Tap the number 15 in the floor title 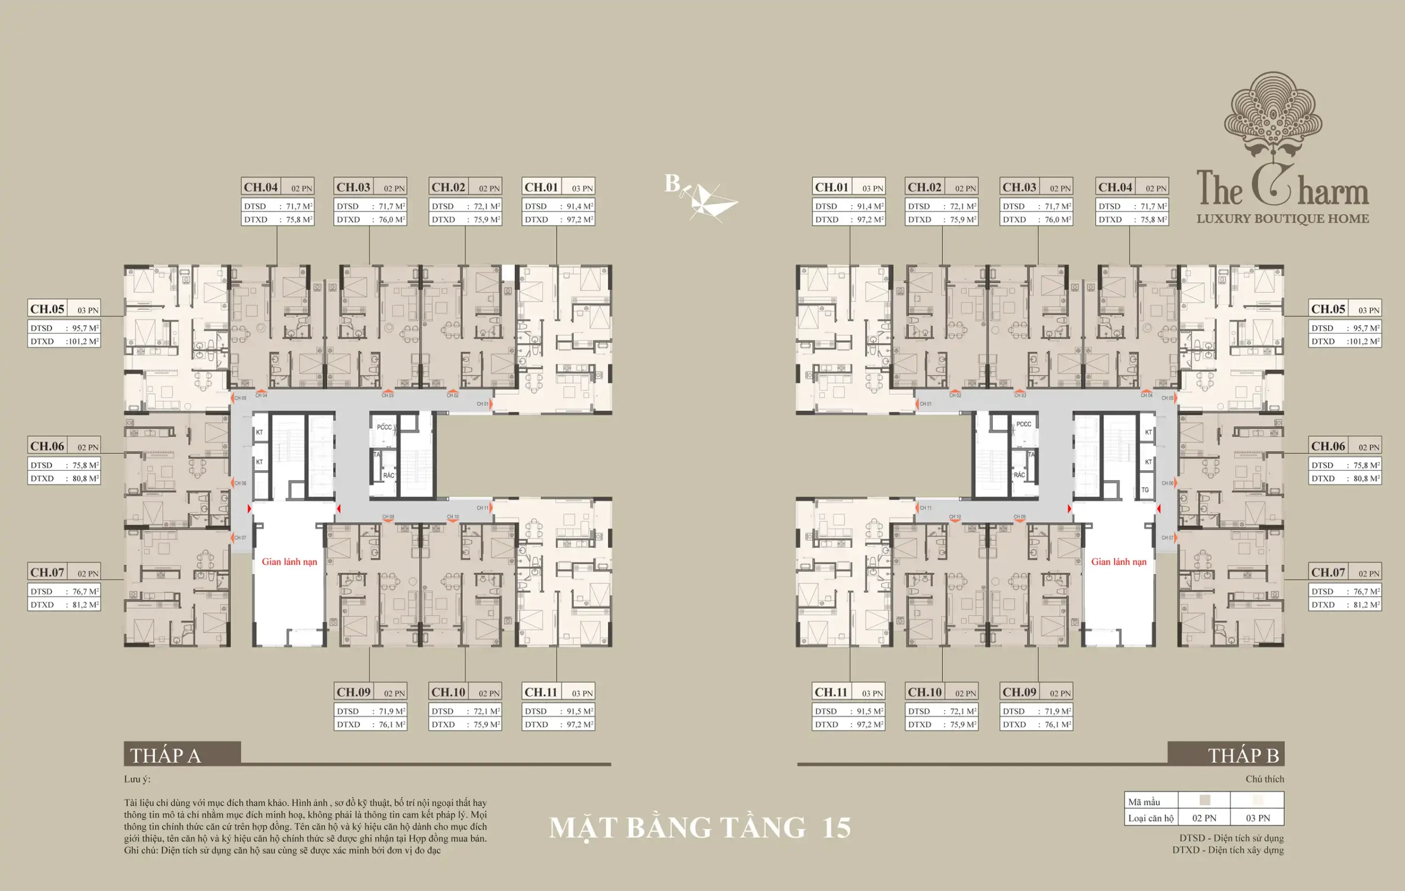tap(836, 828)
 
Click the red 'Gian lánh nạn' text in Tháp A tap(289, 562)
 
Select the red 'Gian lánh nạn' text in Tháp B tap(1119, 562)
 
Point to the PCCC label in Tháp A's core tap(384, 427)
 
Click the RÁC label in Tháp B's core tap(1019, 475)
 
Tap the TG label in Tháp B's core tap(1145, 490)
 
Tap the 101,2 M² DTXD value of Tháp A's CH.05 tap(84, 342)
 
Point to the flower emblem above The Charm tap(1273, 117)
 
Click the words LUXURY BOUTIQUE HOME tap(1283, 219)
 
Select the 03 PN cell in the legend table tap(1257, 818)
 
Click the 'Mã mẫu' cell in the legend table tap(1144, 801)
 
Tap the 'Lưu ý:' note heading tap(137, 779)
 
